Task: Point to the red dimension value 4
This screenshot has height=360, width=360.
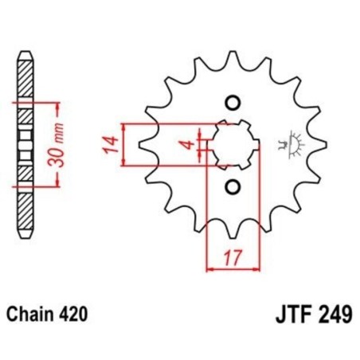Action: (x=185, y=145)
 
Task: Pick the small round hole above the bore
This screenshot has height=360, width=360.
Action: (x=233, y=102)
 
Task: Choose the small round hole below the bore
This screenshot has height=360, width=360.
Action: (x=233, y=187)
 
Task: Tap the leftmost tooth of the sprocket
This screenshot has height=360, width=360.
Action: (x=143, y=145)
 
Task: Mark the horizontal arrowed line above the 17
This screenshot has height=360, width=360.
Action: (x=233, y=270)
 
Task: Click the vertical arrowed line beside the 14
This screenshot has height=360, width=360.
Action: (x=124, y=145)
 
